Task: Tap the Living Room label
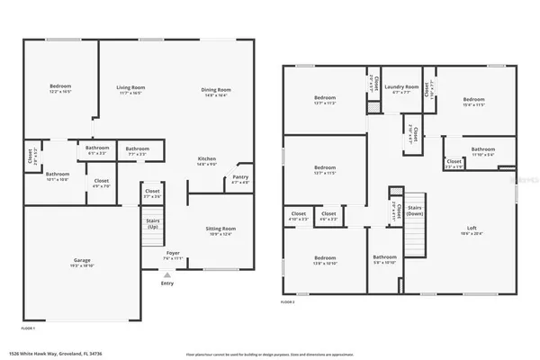(130, 87)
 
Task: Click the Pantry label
(240, 176)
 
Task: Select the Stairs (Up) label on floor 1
(152, 220)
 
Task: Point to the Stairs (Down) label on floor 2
(415, 208)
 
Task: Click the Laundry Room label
(401, 87)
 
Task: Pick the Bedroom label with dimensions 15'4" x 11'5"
(473, 99)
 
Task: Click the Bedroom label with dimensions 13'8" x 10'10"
(325, 258)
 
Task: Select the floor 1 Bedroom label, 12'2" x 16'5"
(59, 87)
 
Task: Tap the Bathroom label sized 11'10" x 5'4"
(482, 149)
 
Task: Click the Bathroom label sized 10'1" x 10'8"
(58, 174)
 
